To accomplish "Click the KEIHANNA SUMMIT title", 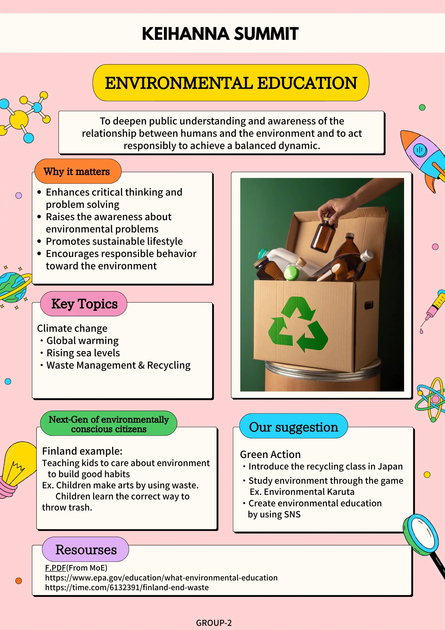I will click(x=220, y=34).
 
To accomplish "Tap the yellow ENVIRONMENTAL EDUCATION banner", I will click(x=231, y=83).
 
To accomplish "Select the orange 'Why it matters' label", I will click(x=77, y=172).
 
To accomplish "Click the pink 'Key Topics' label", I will click(x=84, y=304).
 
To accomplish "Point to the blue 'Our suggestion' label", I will click(x=293, y=427).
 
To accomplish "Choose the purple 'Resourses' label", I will click(x=86, y=550).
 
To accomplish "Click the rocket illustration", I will click(x=424, y=159).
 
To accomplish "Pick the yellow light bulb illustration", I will click(x=18, y=466).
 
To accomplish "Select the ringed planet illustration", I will click(x=14, y=287).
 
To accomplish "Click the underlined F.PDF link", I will click(x=55, y=568).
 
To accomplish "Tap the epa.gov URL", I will click(x=161, y=578).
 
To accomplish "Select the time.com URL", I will click(x=127, y=587).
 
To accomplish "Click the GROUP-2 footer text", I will click(x=214, y=623).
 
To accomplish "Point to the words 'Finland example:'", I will click(x=82, y=451).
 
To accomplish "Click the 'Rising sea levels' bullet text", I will click(x=83, y=353).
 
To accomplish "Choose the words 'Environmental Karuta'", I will click(x=309, y=492).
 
